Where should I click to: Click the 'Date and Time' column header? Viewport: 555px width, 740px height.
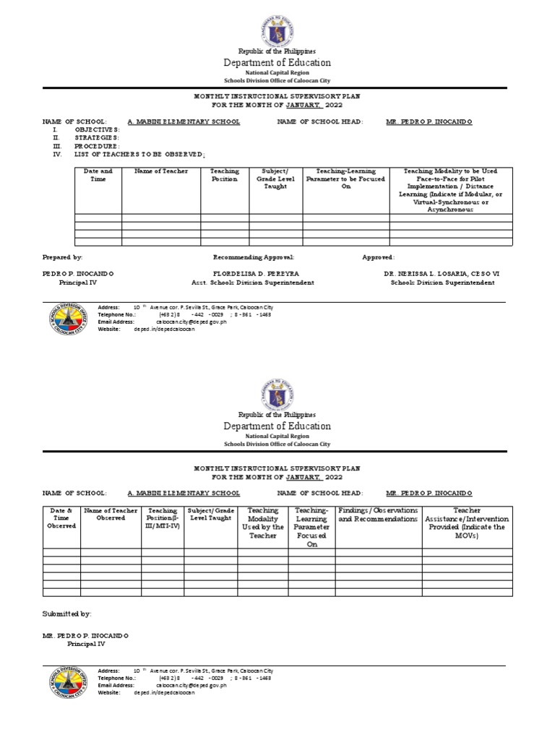[98, 175]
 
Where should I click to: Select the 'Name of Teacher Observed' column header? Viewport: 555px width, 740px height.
[111, 514]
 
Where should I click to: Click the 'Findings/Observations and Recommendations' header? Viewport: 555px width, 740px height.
[378, 515]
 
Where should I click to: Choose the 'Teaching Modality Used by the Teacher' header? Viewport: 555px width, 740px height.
[262, 528]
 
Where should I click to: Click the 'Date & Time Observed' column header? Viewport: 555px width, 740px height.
[61, 518]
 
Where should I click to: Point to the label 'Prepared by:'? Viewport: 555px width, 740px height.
[63, 257]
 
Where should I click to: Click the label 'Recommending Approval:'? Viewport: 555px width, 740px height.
[254, 257]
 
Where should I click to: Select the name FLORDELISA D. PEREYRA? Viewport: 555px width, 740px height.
[256, 275]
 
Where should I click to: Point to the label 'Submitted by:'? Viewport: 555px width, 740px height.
[67, 614]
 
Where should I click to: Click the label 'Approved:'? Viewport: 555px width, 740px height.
[378, 257]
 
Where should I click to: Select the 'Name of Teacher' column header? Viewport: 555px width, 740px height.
[160, 171]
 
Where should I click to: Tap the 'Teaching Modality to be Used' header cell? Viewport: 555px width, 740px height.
[450, 190]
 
